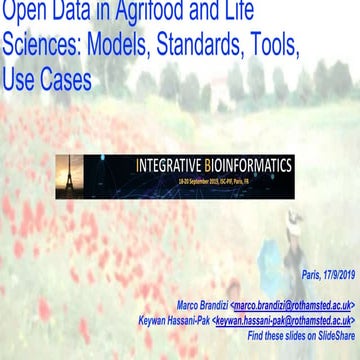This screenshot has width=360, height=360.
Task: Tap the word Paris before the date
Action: point(310,273)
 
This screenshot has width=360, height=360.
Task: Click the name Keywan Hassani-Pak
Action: point(174,321)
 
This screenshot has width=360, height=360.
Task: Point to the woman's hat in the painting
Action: point(292,216)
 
